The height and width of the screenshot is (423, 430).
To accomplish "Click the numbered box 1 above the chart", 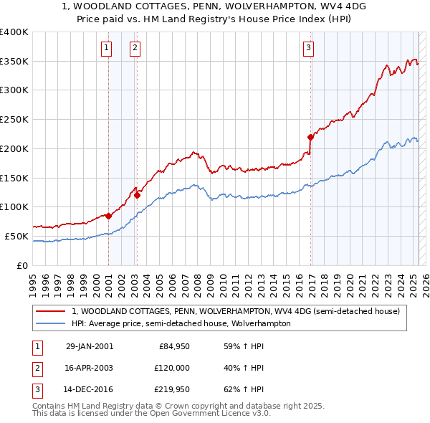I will (x=106, y=48).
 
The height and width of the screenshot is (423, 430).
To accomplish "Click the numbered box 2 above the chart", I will (x=135, y=48).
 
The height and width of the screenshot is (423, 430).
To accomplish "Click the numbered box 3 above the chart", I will (x=308, y=48).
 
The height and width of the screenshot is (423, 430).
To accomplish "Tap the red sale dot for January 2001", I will (x=108, y=216).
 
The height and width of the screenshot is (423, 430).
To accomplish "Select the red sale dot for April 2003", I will (x=137, y=195).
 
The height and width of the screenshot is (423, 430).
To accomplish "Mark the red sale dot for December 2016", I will (x=310, y=137).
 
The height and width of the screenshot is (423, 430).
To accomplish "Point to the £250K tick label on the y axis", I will (x=14, y=119).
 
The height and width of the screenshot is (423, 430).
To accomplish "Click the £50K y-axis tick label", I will (x=16, y=236).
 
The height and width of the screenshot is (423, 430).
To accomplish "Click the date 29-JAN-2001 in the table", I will (x=90, y=346).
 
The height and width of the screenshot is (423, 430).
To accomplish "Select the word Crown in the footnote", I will (x=173, y=406).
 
